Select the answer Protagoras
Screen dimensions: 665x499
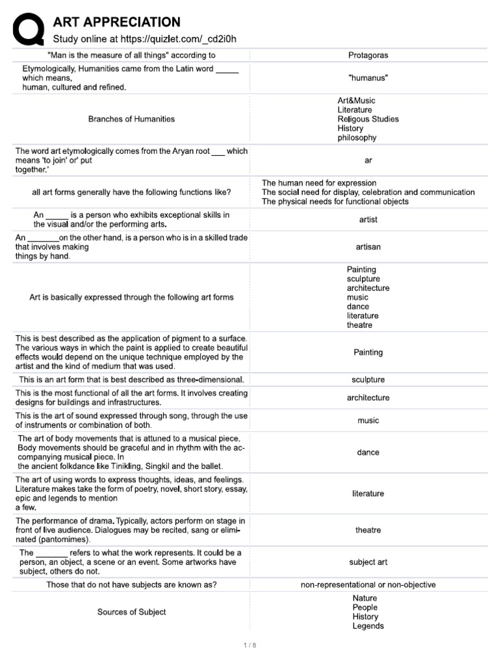click(368, 55)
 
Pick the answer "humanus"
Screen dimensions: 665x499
click(368, 78)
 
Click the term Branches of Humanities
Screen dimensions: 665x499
click(131, 119)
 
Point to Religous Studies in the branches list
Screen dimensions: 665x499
click(368, 119)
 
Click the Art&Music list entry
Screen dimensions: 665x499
click(356, 101)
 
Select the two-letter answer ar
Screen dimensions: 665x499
click(368, 160)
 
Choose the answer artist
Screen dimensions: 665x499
click(368, 220)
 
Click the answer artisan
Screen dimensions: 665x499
click(368, 247)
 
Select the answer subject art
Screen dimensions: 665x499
click(368, 562)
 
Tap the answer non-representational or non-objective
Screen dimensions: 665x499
click(368, 585)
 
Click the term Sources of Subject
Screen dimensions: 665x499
click(131, 612)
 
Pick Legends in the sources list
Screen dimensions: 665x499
click(368, 626)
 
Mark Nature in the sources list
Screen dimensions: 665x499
click(365, 598)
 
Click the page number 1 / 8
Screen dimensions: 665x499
click(249, 645)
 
